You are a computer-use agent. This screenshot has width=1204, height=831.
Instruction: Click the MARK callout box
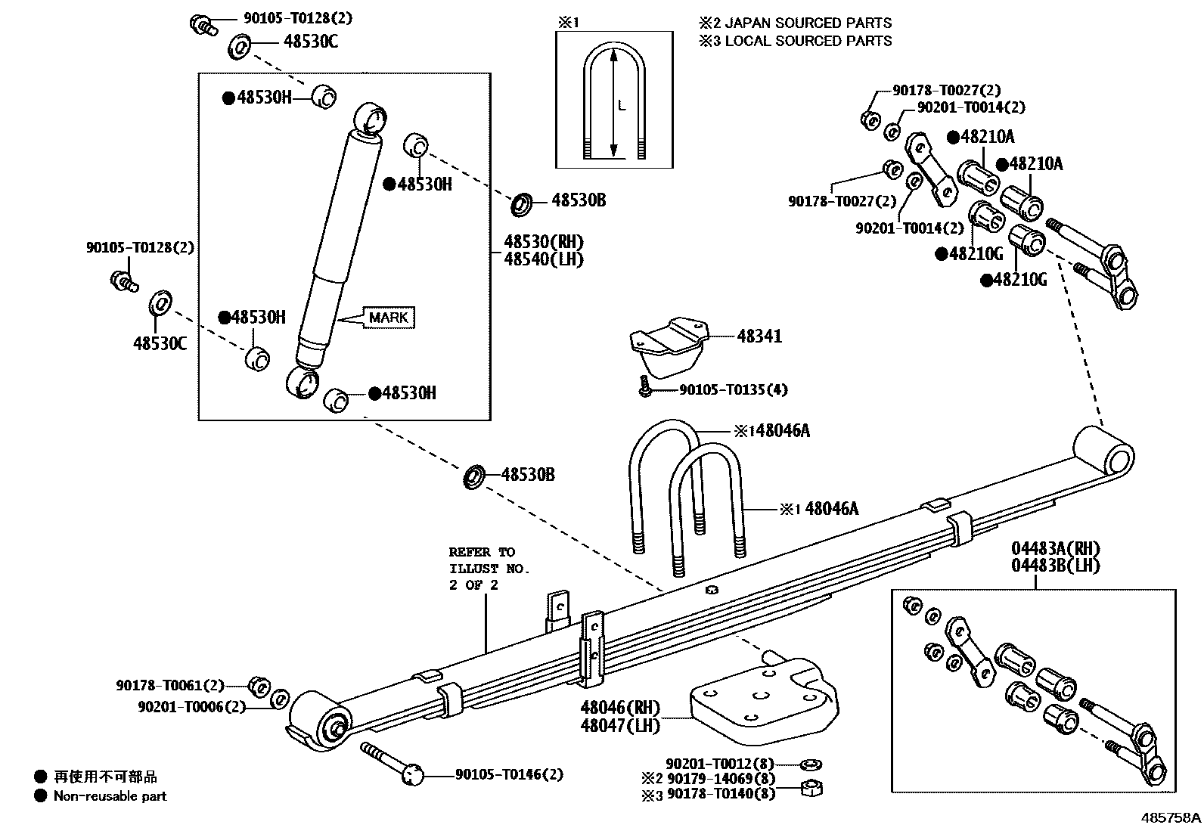coord(389,318)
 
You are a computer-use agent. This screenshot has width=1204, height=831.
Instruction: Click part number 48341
coord(759,336)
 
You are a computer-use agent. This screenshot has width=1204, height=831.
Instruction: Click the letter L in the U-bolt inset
coord(622,106)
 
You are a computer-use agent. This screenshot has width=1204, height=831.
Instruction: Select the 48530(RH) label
coord(544,243)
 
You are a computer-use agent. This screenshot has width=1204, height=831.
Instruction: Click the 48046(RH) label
coord(619,708)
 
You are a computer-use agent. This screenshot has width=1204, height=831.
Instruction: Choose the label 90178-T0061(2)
coord(170,686)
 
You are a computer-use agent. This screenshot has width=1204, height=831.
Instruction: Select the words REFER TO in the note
coord(481,552)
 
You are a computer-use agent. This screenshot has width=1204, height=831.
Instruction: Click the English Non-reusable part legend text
coord(110,795)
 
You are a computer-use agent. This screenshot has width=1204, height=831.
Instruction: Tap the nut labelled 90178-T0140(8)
coord(811,789)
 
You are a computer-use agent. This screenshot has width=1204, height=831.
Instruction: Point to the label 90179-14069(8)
coord(721,779)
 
